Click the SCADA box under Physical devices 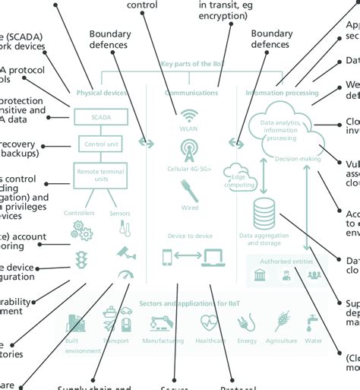[x=103, y=116]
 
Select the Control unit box [x=103, y=143]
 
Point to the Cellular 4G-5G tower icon [x=188, y=151]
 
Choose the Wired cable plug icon [x=188, y=190]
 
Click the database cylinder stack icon [x=264, y=212]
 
